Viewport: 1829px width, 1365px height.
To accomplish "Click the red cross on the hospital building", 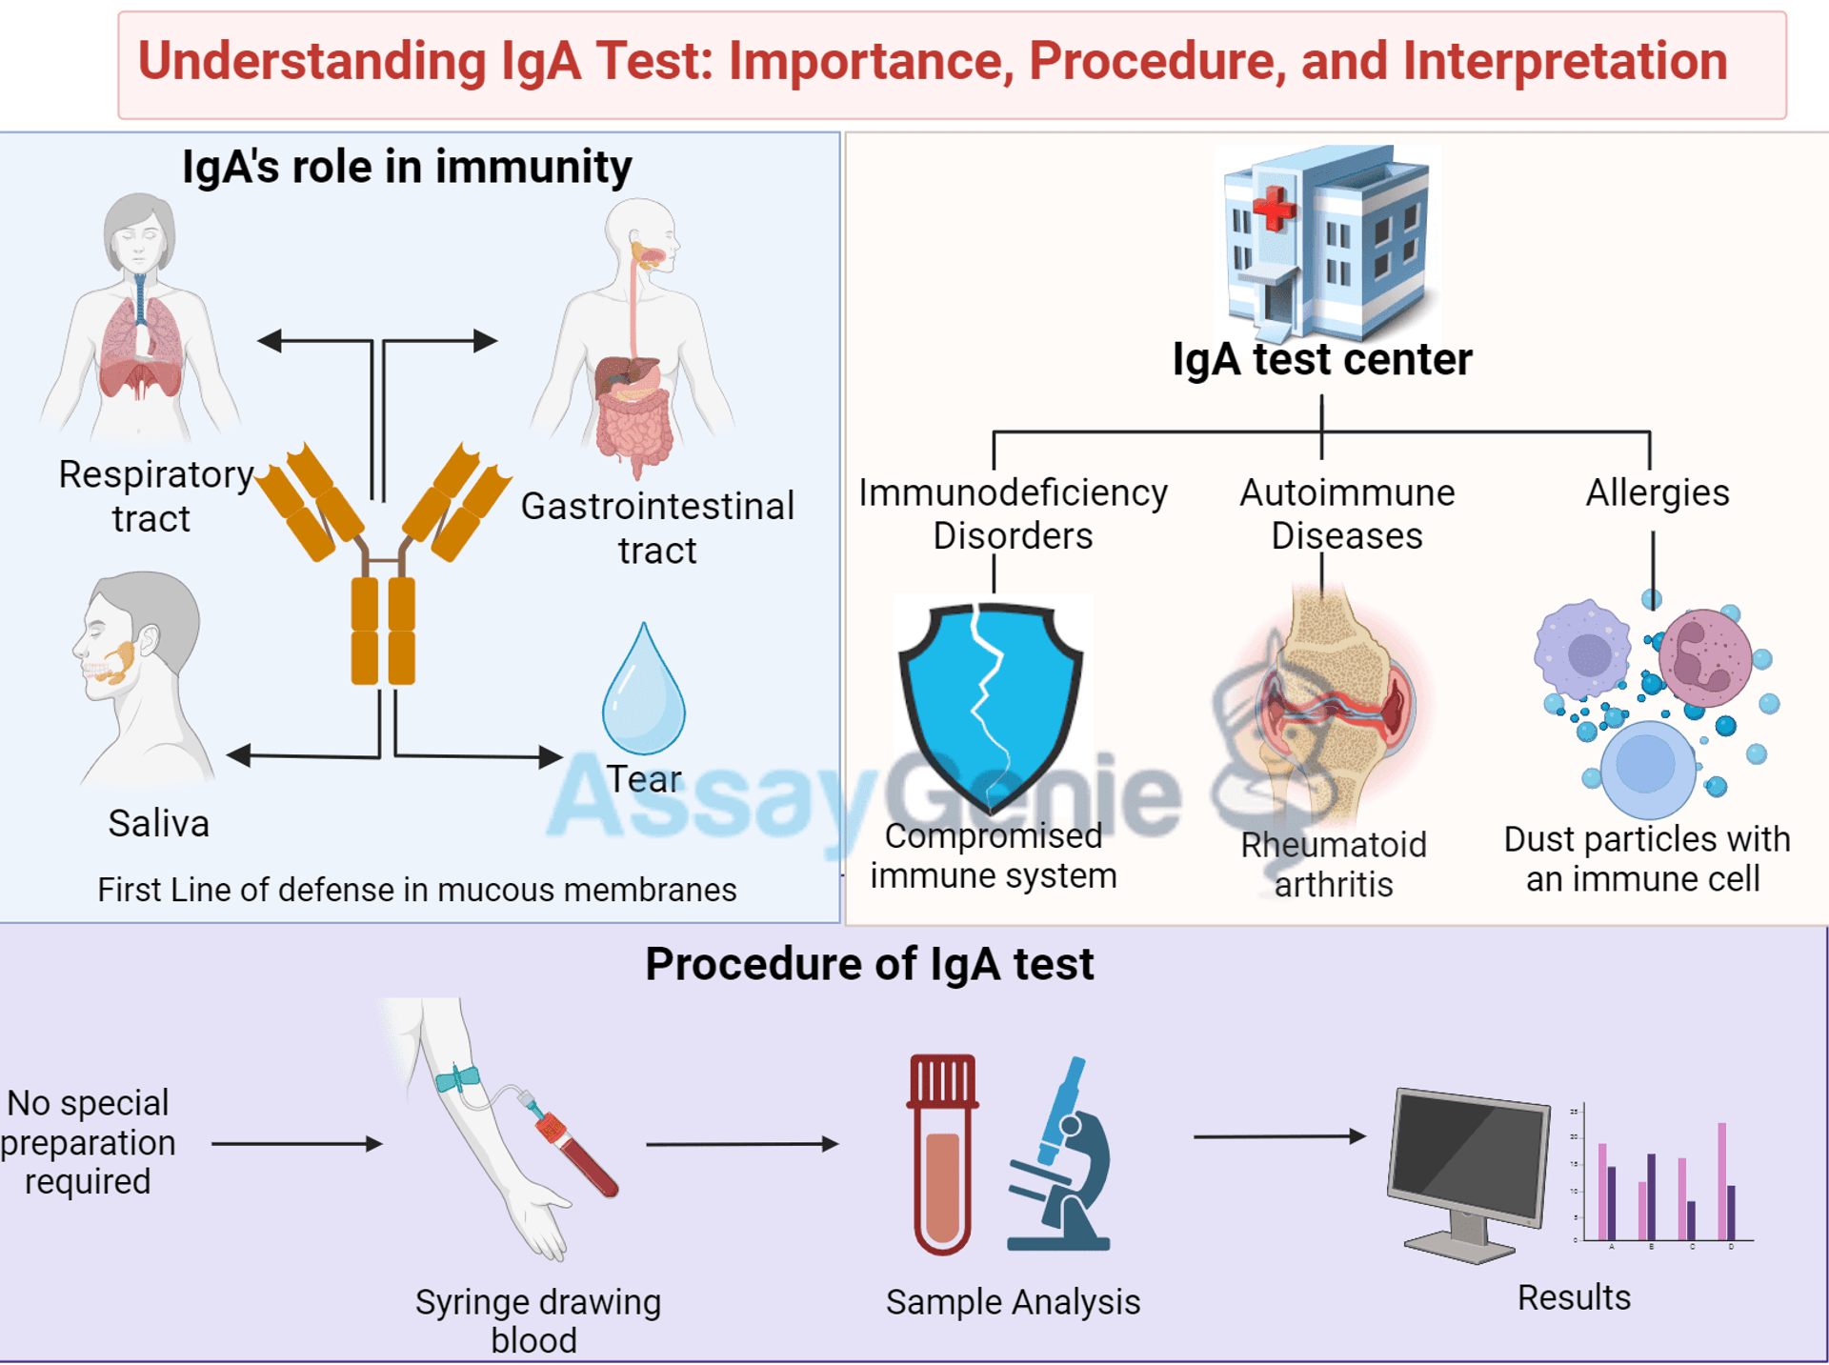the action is (x=1275, y=209).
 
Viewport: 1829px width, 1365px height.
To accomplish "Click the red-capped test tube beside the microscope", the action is (x=942, y=1154).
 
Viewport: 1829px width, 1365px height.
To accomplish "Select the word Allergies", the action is (x=1658, y=492).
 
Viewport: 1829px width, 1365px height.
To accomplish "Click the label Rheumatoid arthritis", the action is (x=1334, y=864).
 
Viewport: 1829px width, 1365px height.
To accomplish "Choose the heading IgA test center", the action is (x=1322, y=359).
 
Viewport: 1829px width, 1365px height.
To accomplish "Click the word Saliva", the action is (x=158, y=823).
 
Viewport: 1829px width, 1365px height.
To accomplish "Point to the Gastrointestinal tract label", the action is (x=657, y=528).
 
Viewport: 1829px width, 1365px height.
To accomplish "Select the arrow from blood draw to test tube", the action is (x=742, y=1143).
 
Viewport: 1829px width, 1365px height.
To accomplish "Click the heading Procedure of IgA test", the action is (x=870, y=964).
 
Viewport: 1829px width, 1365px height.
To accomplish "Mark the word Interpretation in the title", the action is (x=1565, y=61).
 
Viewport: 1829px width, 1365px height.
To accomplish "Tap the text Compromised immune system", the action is (x=994, y=855).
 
